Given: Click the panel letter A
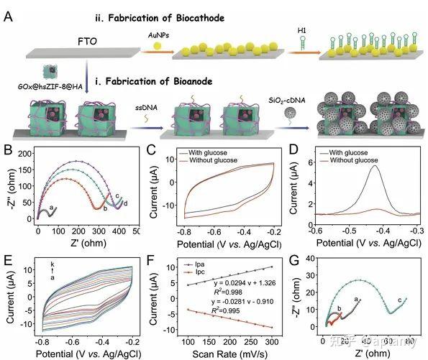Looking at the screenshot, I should pos(8,14).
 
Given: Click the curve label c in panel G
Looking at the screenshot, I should pos(399,300).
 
